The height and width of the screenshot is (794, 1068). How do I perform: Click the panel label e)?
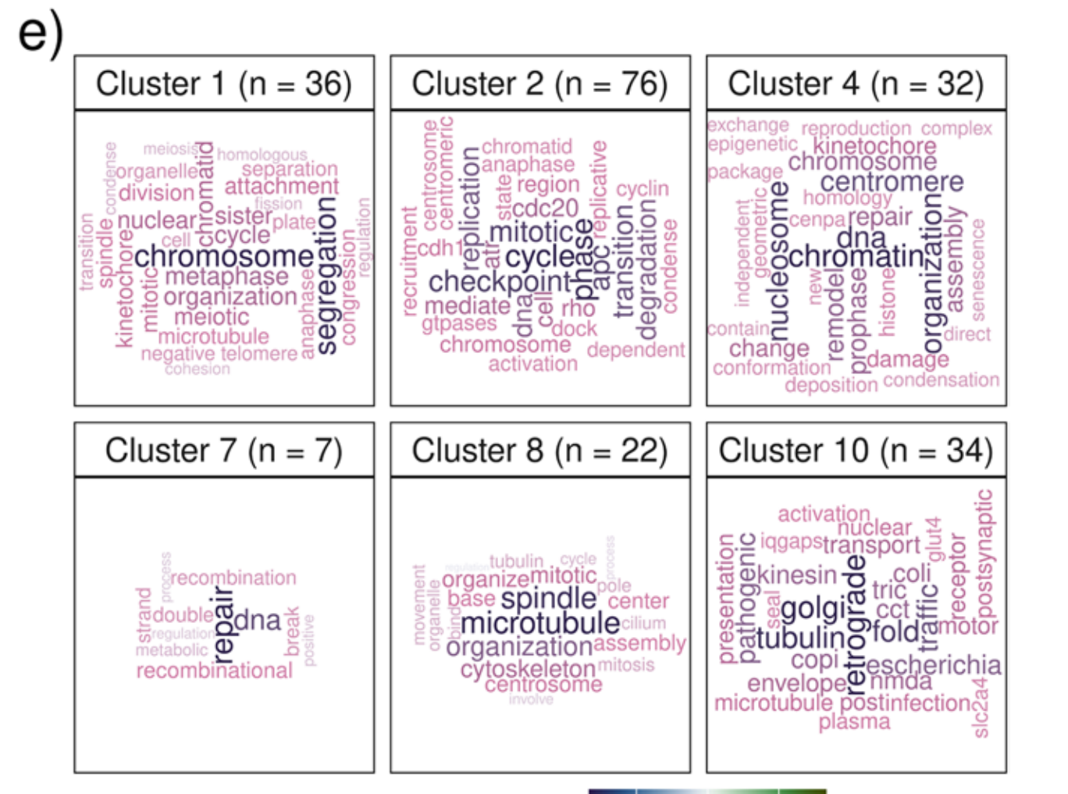39,35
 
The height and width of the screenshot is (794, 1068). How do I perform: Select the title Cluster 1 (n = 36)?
224,84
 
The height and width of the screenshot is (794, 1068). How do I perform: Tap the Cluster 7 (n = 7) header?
224,450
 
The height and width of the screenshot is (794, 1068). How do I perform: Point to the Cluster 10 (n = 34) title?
856,450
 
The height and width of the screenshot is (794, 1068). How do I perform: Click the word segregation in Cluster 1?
327,275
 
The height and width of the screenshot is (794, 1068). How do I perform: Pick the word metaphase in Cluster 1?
226,276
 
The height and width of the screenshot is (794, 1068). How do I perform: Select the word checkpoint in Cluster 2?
500,282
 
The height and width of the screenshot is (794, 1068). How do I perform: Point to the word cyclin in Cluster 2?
642,189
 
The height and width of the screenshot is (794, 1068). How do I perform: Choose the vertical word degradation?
646,264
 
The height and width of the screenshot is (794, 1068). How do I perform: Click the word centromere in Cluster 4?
891,182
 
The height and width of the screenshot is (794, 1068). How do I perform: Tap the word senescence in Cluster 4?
978,269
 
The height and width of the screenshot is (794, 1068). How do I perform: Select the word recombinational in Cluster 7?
214,671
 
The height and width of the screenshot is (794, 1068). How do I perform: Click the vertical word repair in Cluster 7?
223,625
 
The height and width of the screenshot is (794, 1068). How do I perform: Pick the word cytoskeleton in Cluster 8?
528,669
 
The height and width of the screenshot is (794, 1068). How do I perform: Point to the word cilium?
643,623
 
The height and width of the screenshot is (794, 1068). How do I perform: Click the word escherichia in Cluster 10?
933,665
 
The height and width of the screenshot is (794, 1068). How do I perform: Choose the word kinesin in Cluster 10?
797,575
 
